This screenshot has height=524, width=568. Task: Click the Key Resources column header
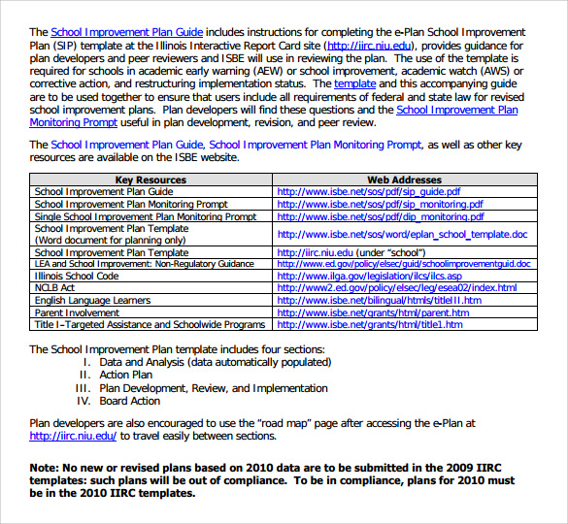150,180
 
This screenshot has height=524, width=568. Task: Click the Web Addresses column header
404,180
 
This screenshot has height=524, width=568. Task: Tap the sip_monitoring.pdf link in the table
380,205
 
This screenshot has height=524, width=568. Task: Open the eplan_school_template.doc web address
402,234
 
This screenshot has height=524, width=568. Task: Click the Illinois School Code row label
77,277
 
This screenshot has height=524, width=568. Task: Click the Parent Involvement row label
78,313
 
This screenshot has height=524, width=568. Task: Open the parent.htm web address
372,313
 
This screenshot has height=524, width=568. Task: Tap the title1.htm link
370,325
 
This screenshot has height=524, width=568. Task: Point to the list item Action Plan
126,375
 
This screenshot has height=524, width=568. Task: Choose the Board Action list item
130,401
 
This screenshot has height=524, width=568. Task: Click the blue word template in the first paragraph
354,84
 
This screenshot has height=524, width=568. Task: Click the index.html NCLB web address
397,288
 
